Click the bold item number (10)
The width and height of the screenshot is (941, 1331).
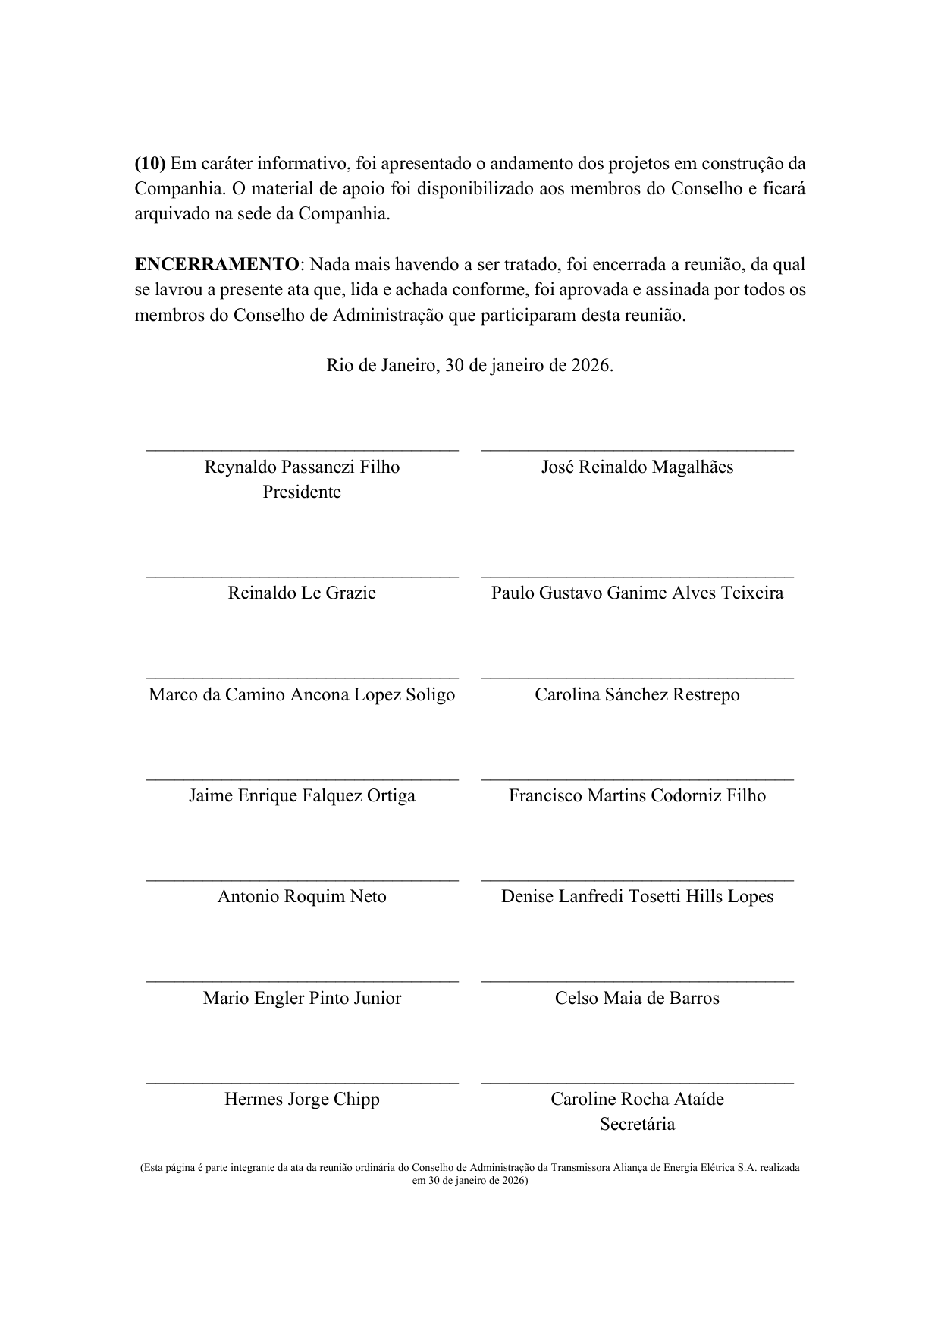tap(149, 164)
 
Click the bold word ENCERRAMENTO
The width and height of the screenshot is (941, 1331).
tap(217, 265)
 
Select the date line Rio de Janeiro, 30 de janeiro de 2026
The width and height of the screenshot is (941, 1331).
tap(469, 366)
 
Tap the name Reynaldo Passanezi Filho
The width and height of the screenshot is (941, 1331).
tap(302, 467)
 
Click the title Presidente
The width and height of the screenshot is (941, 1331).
tap(302, 492)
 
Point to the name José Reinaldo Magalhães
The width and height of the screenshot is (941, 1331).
tap(637, 467)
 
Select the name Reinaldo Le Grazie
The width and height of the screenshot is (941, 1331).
tap(302, 593)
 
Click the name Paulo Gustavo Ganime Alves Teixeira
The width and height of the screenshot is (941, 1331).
tap(637, 593)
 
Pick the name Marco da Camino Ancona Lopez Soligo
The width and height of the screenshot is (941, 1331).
tap(302, 694)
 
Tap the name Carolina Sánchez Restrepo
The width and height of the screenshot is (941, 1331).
tap(637, 694)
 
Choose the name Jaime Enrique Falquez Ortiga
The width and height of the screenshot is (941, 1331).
tap(302, 795)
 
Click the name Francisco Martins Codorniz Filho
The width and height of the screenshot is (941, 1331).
tap(637, 795)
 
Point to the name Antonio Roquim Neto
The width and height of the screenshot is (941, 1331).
tap(302, 896)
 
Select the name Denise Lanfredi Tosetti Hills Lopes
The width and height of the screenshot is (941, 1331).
tap(637, 896)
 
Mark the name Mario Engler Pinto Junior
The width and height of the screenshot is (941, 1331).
tap(302, 998)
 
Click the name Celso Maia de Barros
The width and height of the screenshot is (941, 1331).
tap(637, 998)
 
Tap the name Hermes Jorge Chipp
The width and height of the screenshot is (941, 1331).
tap(302, 1099)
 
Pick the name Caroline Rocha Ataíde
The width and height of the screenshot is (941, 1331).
tap(637, 1099)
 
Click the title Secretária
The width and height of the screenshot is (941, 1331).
tap(637, 1124)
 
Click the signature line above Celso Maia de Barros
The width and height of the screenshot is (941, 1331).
tap(637, 981)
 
